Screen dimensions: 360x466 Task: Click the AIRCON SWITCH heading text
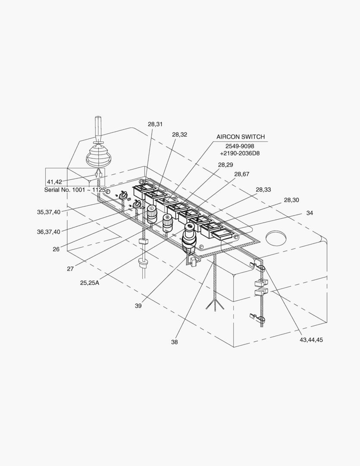coord(240,137)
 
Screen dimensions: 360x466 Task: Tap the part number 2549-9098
coord(240,146)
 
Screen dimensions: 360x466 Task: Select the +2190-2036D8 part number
coord(240,153)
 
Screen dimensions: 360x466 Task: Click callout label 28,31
coord(155,124)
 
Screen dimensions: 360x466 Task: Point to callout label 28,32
coord(180,134)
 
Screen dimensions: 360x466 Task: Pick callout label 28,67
coord(242,174)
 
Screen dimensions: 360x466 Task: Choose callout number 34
coord(310,213)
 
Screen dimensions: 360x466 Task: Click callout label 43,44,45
coord(311,340)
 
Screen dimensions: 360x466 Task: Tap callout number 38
coord(174,342)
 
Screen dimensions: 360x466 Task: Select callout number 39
coord(138,306)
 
